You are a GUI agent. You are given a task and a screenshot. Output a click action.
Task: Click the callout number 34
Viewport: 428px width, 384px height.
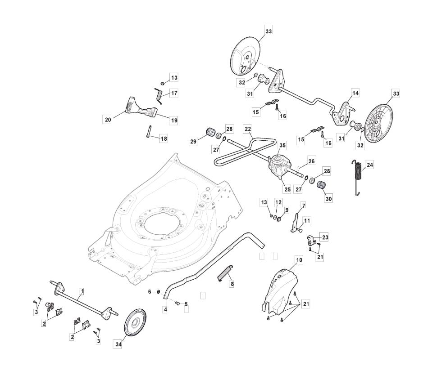118,344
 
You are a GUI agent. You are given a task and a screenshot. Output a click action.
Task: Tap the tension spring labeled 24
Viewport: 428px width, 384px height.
358,177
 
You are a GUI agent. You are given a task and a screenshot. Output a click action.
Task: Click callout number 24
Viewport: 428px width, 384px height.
370,165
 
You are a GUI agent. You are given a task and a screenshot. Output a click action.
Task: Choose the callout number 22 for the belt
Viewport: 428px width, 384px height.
248,129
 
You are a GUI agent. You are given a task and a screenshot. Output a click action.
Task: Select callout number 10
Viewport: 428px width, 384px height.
300,260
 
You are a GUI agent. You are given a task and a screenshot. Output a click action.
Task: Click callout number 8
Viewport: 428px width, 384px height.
232,284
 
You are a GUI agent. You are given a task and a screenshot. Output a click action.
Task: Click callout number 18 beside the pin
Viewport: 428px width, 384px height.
164,139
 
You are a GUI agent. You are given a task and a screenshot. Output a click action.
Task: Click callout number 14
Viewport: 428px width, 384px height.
355,93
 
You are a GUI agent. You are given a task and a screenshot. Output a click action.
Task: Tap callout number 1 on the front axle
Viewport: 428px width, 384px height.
82,290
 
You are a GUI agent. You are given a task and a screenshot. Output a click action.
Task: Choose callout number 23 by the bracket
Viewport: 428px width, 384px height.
325,237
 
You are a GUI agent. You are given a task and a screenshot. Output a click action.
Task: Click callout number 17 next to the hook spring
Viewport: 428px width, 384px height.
174,94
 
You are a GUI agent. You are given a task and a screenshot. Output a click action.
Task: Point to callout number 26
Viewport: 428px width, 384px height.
311,161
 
